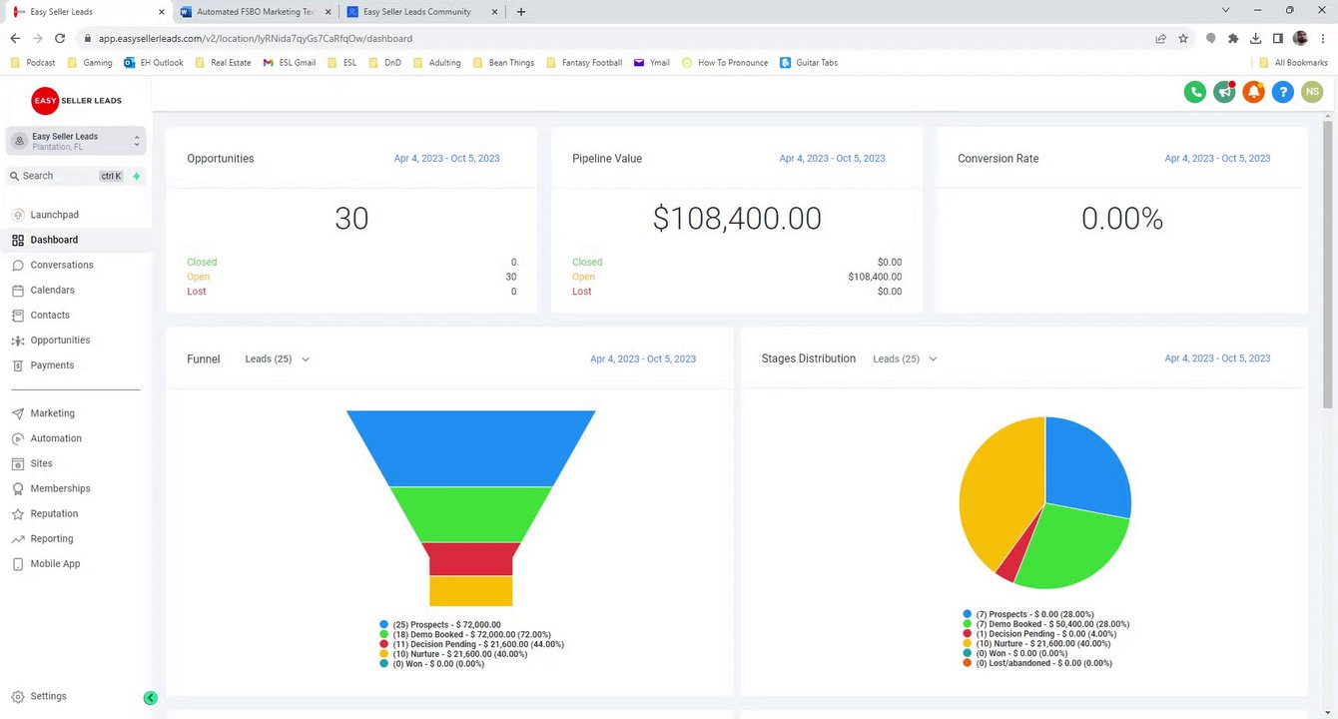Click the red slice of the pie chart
point(1007,564)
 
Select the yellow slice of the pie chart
point(994,489)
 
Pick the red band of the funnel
point(470,558)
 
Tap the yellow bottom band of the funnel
point(470,590)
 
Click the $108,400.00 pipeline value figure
point(737,219)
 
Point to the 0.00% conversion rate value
point(1121,219)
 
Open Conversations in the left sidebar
point(61,265)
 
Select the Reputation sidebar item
point(54,513)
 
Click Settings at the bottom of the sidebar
point(48,696)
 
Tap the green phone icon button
point(1194,92)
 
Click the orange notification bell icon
point(1253,92)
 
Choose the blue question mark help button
point(1283,92)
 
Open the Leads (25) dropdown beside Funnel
point(278,359)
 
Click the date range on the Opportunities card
point(446,158)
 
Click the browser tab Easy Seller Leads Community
point(416,12)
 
